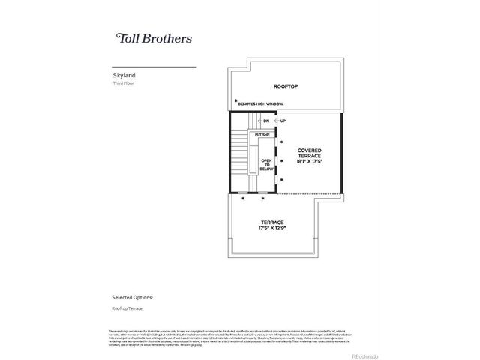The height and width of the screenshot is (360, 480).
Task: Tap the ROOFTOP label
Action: click(285, 87)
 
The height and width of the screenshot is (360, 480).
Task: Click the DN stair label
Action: click(265, 121)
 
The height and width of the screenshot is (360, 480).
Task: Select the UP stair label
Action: click(283, 121)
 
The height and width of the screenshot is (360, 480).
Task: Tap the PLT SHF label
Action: click(262, 135)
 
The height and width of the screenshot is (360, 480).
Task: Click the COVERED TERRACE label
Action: click(309, 153)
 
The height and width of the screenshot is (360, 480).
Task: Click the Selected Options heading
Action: click(132, 297)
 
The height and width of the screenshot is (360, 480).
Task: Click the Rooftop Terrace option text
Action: click(127, 308)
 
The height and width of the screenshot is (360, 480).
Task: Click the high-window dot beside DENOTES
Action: click(235, 100)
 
